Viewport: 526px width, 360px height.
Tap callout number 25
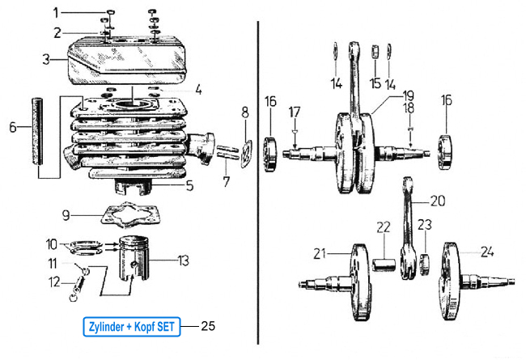[x=208, y=327]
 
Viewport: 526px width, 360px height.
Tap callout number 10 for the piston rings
[x=51, y=243]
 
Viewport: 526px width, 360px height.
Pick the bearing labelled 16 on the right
[x=446, y=151]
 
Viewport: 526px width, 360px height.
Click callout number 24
[x=487, y=252]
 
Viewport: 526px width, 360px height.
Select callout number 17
[x=295, y=110]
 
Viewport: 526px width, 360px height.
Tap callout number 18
[x=410, y=108]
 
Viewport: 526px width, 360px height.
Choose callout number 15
[x=375, y=83]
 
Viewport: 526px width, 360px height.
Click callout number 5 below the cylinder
[x=189, y=185]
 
